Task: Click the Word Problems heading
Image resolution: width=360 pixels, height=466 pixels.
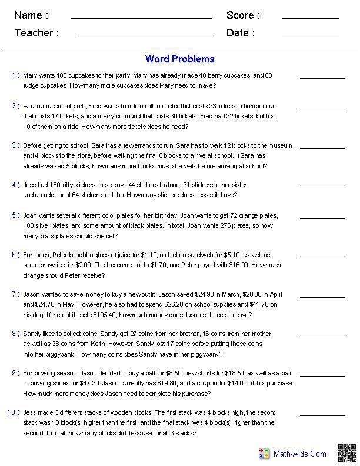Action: (179, 59)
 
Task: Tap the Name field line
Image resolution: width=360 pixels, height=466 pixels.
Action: (141, 18)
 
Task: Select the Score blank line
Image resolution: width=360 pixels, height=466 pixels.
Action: (310, 18)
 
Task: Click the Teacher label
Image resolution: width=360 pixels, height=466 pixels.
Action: (36, 33)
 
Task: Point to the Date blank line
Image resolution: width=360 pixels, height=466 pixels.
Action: (310, 36)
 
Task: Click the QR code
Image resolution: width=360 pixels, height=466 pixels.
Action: (346, 453)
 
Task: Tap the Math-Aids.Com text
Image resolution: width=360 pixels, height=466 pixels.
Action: (300, 454)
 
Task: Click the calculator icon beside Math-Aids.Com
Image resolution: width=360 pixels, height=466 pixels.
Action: (264, 454)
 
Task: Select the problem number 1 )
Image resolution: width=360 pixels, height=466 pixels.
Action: (15, 75)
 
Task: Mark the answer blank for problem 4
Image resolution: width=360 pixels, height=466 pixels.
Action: (322, 187)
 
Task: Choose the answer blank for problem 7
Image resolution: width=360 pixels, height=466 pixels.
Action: (322, 297)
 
